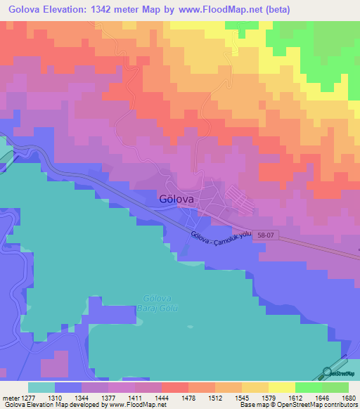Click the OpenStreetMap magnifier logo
(x=327, y=372)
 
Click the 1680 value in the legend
(x=347, y=397)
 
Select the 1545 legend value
(x=241, y=397)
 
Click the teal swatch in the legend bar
(x=41, y=387)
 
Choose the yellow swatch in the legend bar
(x=281, y=387)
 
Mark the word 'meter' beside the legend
(x=11, y=397)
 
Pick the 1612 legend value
(x=294, y=397)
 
